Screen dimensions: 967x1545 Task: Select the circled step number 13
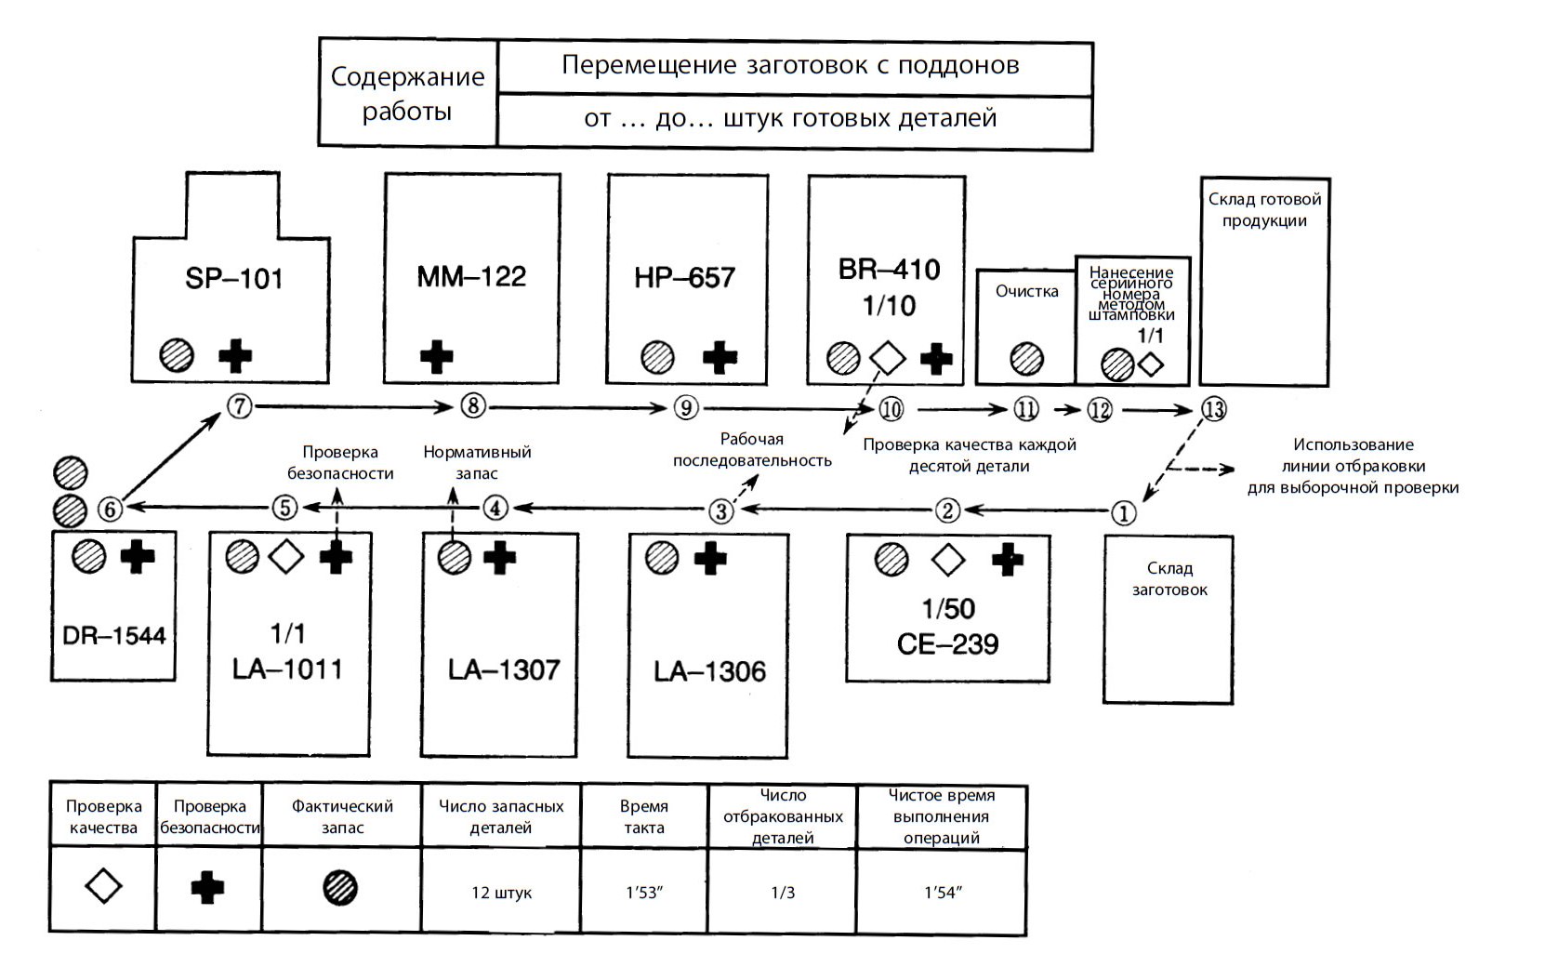1212,409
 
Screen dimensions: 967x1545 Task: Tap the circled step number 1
1123,512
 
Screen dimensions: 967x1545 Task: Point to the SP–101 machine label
233,278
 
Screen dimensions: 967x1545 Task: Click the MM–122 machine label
471,276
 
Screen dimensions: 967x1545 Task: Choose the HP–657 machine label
684,277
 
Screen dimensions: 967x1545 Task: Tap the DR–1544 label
113,636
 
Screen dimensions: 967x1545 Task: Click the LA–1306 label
709,671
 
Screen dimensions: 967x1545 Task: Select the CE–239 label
947,643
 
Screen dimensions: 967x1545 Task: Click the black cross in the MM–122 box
436,357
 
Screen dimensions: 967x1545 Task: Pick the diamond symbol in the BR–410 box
887,358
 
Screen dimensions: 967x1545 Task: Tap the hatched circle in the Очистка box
1026,359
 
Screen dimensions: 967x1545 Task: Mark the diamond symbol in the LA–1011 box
286,557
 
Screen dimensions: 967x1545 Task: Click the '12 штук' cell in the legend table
501,893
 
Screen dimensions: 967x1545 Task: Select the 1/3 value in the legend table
783,893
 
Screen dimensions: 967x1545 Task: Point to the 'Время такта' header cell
644,817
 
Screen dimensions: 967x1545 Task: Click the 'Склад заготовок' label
1169,578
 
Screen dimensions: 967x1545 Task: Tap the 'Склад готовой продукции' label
1264,210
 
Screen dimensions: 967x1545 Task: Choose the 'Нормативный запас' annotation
477,462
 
